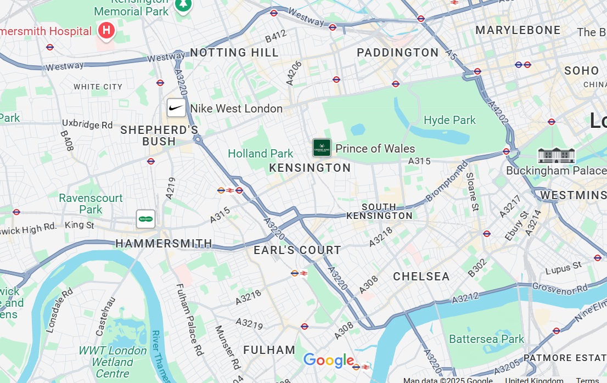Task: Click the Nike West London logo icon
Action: click(x=176, y=108)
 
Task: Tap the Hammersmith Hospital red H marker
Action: click(x=106, y=31)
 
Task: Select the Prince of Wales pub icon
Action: click(x=322, y=148)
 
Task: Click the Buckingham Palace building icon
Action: click(x=556, y=155)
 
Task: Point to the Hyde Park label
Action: click(x=449, y=120)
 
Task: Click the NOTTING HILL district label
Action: click(x=234, y=53)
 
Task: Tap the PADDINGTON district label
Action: click(x=397, y=53)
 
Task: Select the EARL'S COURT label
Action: click(x=297, y=250)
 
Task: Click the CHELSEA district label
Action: click(x=421, y=277)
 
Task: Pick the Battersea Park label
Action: click(x=486, y=339)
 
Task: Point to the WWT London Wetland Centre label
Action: click(x=112, y=362)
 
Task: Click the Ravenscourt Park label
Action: click(x=91, y=204)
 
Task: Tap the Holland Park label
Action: click(x=260, y=154)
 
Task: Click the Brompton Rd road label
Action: click(x=447, y=179)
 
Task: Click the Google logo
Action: click(x=328, y=361)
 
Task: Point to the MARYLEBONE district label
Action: click(x=518, y=30)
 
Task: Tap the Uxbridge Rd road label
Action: click(x=87, y=125)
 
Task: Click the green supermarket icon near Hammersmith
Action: click(x=145, y=219)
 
